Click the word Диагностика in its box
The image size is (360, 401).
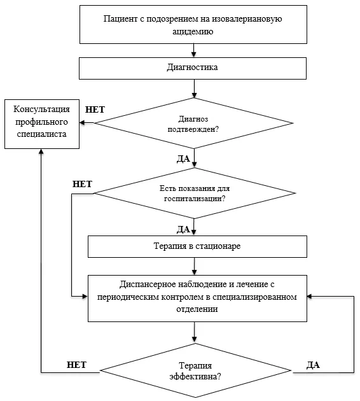[x=192, y=67]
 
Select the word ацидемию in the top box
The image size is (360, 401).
[x=193, y=31]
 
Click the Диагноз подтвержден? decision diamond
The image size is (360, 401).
[x=193, y=123]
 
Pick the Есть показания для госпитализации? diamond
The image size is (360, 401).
[x=195, y=193]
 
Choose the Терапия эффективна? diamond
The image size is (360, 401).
[x=195, y=370]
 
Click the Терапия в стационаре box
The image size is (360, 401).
[x=197, y=246]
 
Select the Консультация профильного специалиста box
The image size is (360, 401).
[x=42, y=124]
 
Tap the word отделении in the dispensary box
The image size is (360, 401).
[x=197, y=309]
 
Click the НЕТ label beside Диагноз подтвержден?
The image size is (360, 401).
[x=95, y=109]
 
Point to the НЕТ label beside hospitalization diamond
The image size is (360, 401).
[x=82, y=184]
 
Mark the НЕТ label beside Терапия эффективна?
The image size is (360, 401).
[x=77, y=365]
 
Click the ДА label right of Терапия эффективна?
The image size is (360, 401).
[x=313, y=365]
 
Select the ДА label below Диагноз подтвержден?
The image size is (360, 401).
[x=183, y=159]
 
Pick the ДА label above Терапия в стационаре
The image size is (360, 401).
[x=183, y=230]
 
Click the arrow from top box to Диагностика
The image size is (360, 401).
[x=193, y=50]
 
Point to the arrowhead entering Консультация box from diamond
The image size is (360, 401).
[x=82, y=123]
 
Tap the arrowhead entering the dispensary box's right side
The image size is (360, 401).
[x=309, y=297]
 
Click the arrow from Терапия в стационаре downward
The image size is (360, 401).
[x=194, y=266]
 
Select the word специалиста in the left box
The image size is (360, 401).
[x=41, y=134]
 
